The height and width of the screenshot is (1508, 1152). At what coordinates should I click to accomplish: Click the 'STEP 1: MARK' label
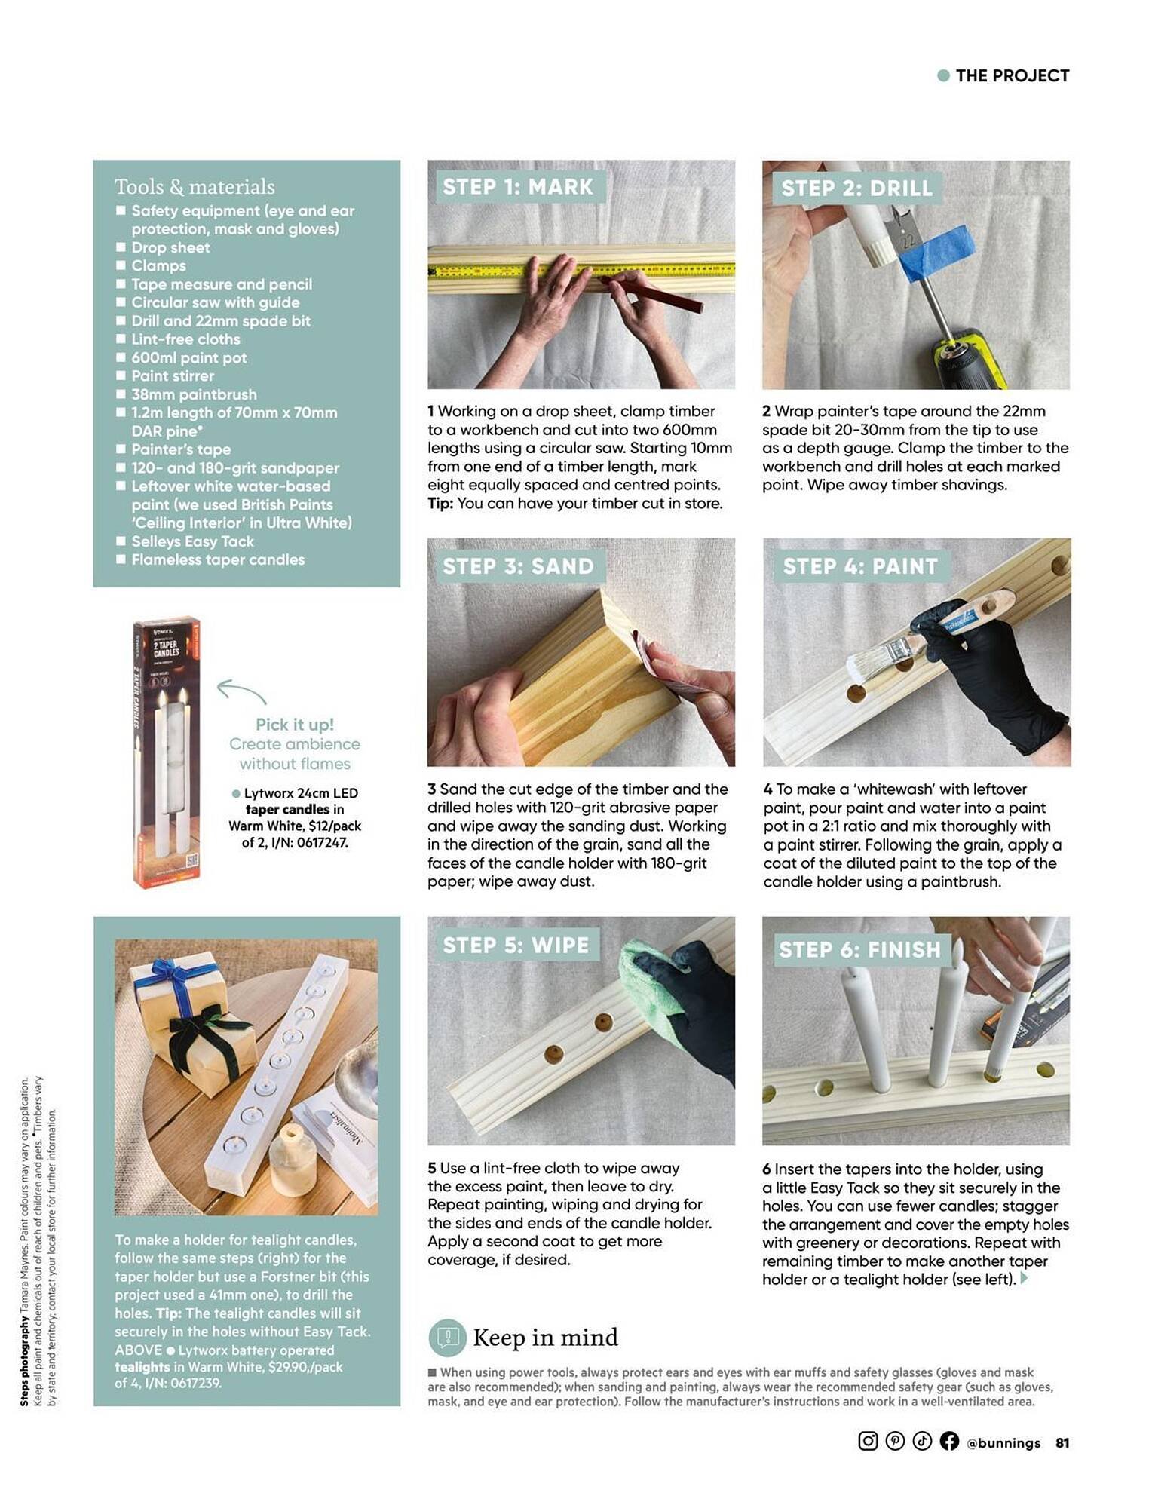518,186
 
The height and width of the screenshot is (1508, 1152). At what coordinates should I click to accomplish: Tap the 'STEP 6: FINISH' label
860,949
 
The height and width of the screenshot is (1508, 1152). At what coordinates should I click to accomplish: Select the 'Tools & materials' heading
195,186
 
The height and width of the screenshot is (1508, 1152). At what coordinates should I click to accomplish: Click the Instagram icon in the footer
868,1441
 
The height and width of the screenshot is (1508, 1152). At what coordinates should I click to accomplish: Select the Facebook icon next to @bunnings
949,1441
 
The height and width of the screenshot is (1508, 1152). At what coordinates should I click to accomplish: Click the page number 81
1062,1442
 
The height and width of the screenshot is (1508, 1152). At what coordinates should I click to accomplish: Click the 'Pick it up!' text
295,724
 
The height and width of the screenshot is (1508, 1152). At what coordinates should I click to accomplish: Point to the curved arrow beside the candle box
241,690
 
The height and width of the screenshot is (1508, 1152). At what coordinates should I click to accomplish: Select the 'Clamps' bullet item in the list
158,265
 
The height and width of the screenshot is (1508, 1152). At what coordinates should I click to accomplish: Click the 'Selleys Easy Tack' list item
192,541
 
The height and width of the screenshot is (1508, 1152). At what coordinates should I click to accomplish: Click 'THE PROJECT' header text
1012,75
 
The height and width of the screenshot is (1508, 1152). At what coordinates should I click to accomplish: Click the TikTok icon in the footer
922,1441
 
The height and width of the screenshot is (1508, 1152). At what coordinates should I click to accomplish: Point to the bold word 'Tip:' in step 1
440,503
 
